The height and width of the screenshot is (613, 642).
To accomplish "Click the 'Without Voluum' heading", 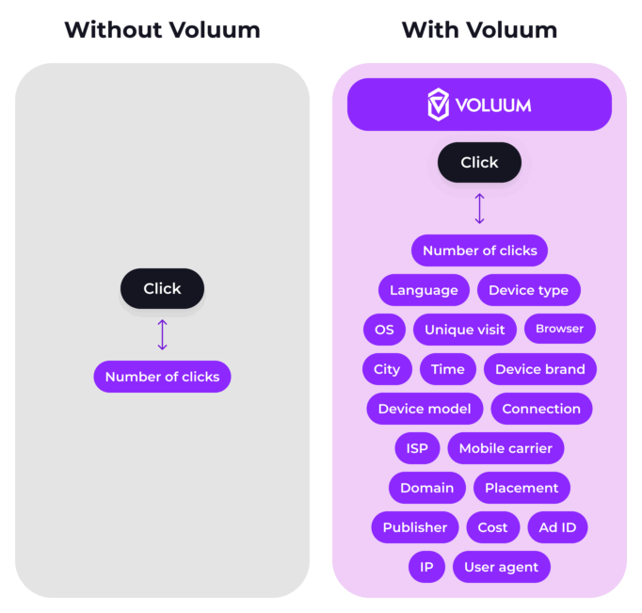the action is (162, 30).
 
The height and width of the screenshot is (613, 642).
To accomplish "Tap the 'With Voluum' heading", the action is (479, 30).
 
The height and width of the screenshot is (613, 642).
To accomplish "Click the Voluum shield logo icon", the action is (438, 105).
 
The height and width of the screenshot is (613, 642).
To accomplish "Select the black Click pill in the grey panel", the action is (162, 288).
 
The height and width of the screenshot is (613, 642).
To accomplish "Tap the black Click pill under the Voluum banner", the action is (479, 162).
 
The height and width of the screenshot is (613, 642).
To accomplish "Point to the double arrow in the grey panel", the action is (162, 334).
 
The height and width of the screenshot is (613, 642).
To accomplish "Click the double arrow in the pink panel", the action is (479, 208).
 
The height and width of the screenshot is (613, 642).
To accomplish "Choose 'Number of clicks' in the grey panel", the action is (162, 377).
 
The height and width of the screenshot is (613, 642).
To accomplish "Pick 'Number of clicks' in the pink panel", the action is (479, 250).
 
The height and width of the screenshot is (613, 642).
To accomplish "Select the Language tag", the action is (424, 290).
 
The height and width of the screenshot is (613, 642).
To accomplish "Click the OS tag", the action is (384, 330).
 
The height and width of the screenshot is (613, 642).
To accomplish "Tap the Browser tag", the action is (560, 329).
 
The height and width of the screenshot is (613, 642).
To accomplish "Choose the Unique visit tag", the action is (465, 330).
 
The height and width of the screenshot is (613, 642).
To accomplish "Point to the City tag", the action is (387, 369).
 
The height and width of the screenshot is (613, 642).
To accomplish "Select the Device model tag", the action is (425, 409).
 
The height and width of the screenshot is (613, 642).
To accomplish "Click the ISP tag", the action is (417, 448).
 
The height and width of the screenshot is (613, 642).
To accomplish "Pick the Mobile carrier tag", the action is (506, 448).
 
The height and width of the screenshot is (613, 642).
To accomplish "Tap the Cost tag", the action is (493, 527).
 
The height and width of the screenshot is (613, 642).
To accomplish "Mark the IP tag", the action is (426, 567).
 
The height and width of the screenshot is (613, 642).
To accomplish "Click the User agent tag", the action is (502, 567).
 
